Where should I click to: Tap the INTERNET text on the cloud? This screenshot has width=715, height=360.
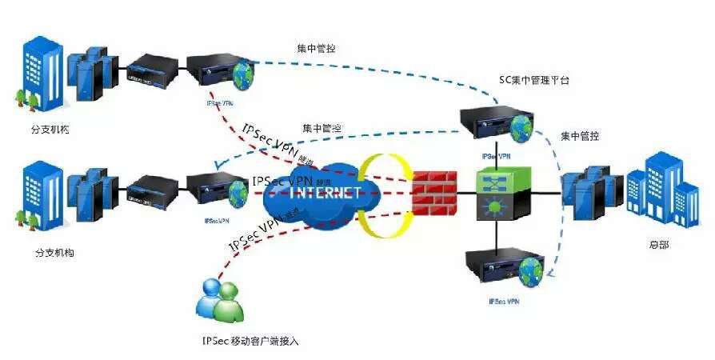(322, 193)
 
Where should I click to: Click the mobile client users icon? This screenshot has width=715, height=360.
(218, 298)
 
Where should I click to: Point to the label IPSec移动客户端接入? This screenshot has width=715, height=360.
(250, 340)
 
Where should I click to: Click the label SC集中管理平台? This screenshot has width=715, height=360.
(534, 81)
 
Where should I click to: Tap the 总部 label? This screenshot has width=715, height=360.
(658, 245)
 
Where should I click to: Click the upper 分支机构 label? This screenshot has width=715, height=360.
(54, 129)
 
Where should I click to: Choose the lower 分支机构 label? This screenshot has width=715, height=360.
(54, 253)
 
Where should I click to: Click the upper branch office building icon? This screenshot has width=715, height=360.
(33, 72)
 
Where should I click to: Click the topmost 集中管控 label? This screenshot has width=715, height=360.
(317, 48)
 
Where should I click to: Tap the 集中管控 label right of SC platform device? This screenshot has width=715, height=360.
(580, 136)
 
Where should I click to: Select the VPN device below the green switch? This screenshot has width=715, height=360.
(504, 268)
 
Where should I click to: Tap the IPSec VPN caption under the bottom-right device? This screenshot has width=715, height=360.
(504, 302)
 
